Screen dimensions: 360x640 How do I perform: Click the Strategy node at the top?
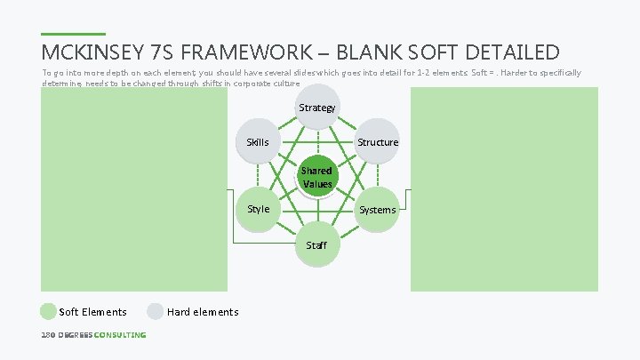pos(316,108)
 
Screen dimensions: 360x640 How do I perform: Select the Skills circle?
pos(258,142)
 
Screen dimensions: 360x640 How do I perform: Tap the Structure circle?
pos(377,142)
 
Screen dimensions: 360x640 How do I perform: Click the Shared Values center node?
pos(316,177)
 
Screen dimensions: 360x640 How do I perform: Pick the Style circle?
pos(258,210)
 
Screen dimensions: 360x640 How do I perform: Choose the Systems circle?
pos(377,210)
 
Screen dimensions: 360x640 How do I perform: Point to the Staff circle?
pos(316,244)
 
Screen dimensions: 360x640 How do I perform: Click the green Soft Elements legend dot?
pos(48,311)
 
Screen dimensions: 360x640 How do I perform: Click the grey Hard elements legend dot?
pos(156,311)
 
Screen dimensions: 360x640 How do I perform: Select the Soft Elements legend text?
pos(92,312)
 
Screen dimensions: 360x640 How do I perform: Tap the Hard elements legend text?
pos(203,312)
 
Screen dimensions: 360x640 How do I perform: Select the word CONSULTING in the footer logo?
pos(120,335)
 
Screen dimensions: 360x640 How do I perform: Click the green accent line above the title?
pos(73,35)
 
